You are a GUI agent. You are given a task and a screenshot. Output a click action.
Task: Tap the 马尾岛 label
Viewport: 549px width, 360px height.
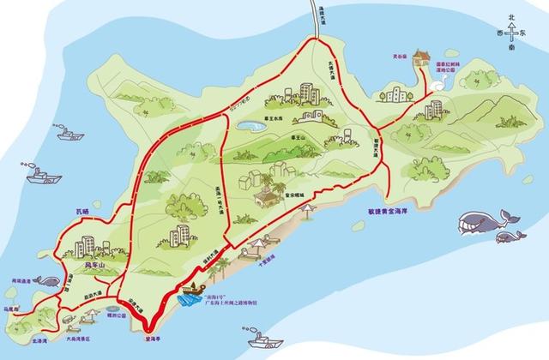coord(14,309)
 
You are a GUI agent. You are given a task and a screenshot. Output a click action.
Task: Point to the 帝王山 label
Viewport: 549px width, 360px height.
coord(299,137)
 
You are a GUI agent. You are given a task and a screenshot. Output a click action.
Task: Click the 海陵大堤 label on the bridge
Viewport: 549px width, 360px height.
coord(316,14)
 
